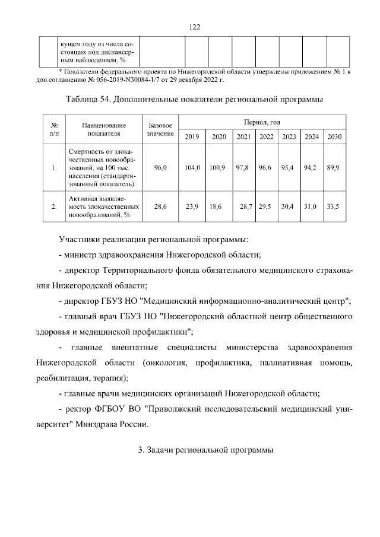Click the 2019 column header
click(x=192, y=137)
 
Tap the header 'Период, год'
click(x=261, y=121)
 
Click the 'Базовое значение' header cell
click(x=160, y=129)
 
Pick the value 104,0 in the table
click(x=192, y=168)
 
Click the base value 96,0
click(x=160, y=168)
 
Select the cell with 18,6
click(x=216, y=206)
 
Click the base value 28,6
click(x=160, y=206)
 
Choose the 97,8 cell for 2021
click(x=242, y=168)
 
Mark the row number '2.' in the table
click(x=54, y=206)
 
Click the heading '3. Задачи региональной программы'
click(x=205, y=450)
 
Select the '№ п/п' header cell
click(x=54, y=129)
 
